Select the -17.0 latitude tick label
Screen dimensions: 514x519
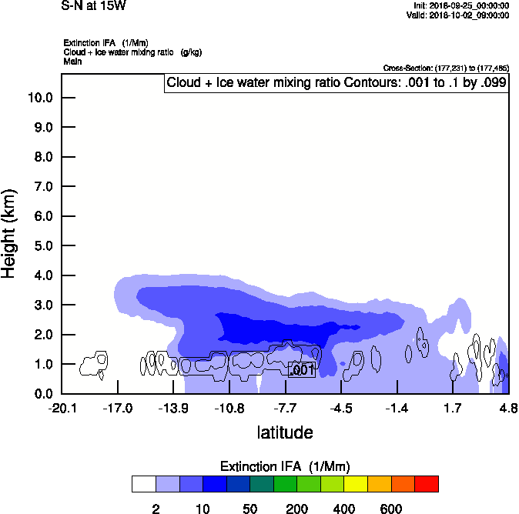[x=118, y=408]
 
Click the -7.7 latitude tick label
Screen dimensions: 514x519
[x=285, y=408]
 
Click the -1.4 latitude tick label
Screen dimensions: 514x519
[x=397, y=408]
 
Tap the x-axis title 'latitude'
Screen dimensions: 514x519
[x=285, y=432]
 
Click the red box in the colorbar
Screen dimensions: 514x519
[x=427, y=484]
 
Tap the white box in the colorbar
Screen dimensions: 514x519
[x=144, y=484]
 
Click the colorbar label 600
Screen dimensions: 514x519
[x=391, y=509]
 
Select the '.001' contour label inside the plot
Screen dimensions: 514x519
[x=302, y=370]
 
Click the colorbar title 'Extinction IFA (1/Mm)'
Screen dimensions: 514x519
[x=285, y=466]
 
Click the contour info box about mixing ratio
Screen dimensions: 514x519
[x=337, y=83]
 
